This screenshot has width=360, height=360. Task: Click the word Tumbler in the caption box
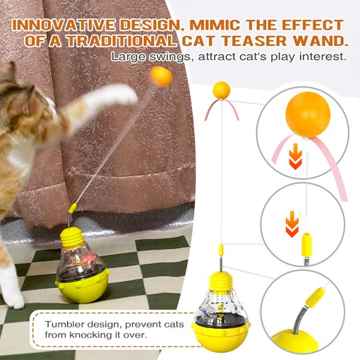tap(65, 324)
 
